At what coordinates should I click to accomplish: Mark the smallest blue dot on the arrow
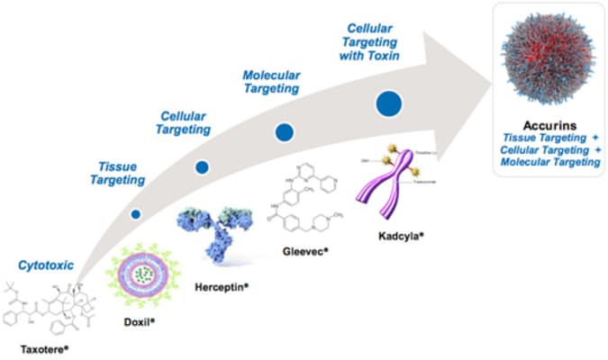pos(135,213)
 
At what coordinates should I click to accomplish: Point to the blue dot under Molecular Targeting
pos(285,133)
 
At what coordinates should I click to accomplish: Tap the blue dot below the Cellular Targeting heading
pos(203,167)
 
